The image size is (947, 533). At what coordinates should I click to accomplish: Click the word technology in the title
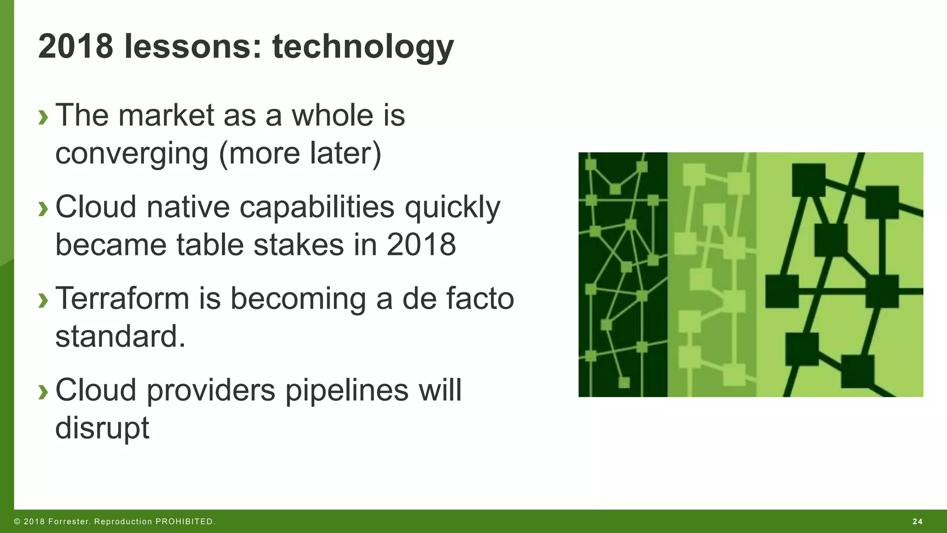363,48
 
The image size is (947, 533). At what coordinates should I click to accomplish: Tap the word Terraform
122,298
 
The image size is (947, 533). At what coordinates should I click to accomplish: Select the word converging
132,154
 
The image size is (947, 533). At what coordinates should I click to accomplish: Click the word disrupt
102,428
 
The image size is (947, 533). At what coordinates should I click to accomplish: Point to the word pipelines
347,390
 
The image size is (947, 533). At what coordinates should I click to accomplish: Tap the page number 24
917,521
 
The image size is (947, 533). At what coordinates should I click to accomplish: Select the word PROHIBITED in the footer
185,521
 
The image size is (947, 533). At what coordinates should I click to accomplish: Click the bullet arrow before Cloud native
43,209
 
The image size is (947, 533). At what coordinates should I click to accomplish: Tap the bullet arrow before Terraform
43,300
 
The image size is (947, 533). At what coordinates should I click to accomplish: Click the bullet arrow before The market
43,117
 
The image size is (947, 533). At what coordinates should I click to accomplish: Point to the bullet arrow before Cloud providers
43,392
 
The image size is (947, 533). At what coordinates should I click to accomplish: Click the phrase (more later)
300,154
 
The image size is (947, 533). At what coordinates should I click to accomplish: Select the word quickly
452,208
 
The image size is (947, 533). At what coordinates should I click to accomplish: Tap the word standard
120,336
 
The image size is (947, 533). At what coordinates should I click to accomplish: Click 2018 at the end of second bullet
421,245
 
